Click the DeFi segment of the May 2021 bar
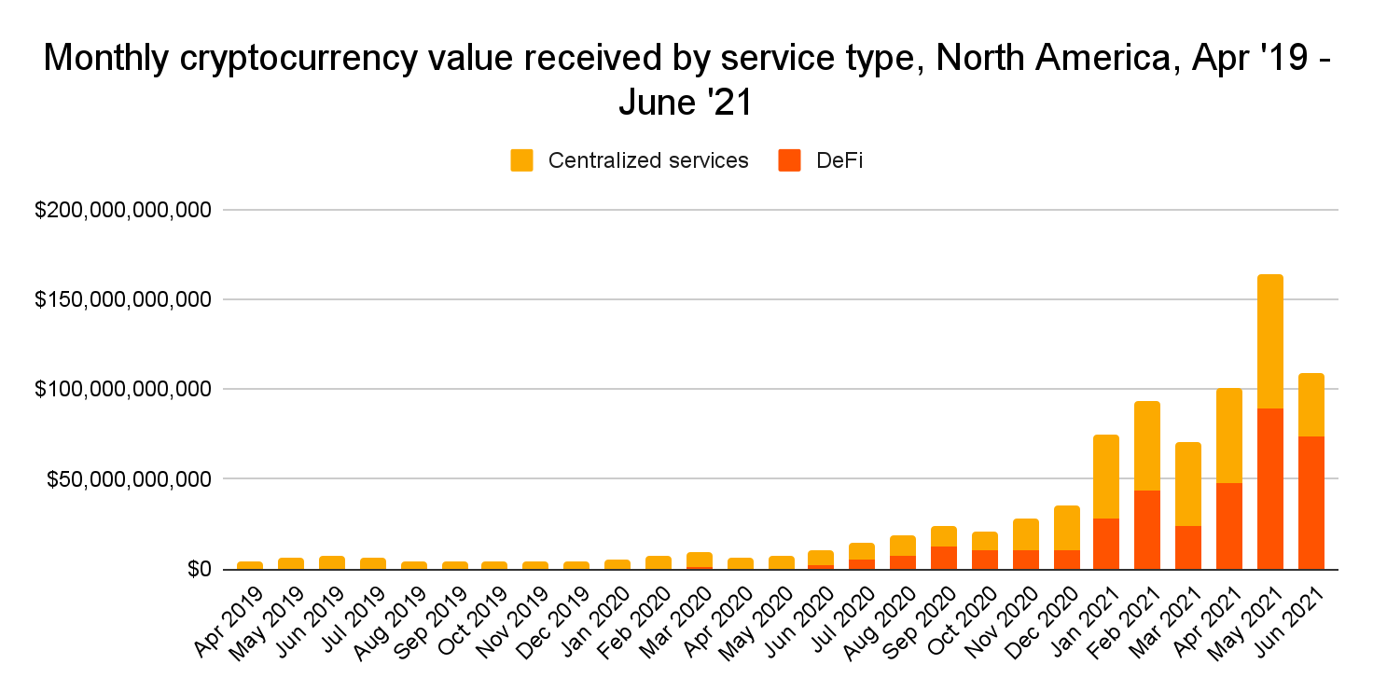1269,489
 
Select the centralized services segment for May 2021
1269,341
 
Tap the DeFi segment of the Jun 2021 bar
1311,503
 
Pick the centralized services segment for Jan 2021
1105,477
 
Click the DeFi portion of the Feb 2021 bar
1146,530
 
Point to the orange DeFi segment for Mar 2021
1187,547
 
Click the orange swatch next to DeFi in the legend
789,160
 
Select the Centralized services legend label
648,160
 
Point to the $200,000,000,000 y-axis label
123,211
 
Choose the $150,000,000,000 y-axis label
123,300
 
